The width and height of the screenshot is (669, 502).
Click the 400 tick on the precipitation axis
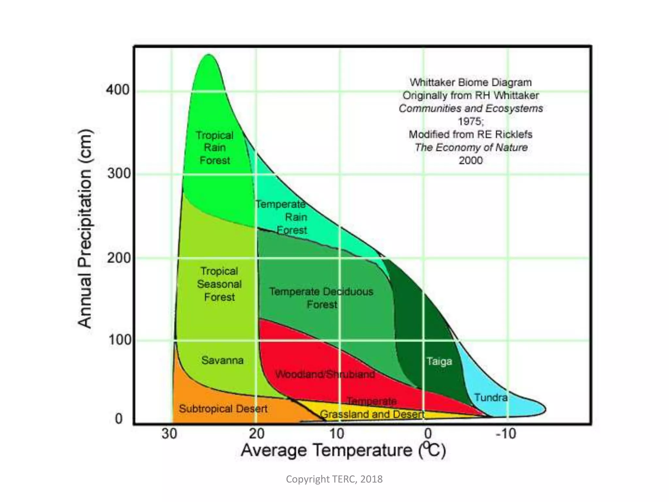117,90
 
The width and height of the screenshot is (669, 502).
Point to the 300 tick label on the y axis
119,173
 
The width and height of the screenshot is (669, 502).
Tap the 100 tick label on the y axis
119,340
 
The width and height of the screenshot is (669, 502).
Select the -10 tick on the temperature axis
506,434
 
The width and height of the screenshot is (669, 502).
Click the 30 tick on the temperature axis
170,434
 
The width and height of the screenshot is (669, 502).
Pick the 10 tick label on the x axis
337,434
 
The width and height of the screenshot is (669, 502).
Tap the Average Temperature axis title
343,450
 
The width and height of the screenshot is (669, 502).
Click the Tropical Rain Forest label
215,148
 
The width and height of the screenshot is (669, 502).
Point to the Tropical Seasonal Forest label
219,284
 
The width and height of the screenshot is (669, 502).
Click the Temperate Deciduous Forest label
321,298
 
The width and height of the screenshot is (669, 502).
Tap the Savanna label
222,360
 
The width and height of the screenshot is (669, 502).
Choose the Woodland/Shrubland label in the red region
325,374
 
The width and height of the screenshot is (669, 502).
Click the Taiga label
439,361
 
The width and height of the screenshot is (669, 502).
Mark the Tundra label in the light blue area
491,398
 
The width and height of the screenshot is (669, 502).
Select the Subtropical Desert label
223,409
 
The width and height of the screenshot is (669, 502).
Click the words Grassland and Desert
372,414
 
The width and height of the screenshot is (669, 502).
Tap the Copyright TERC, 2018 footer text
334,479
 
